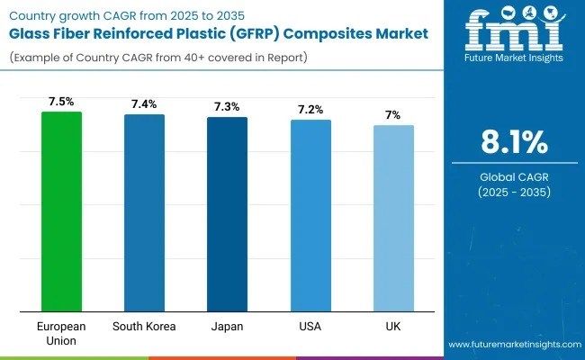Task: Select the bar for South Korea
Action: (x=144, y=213)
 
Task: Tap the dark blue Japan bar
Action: (x=227, y=214)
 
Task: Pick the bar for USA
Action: (x=310, y=216)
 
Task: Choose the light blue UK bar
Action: (x=393, y=219)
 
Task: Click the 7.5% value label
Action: (x=61, y=102)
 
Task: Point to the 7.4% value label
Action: (x=144, y=104)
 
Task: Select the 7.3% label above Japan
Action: (x=227, y=107)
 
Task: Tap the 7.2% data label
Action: (x=310, y=110)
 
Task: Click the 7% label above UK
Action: (x=393, y=115)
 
